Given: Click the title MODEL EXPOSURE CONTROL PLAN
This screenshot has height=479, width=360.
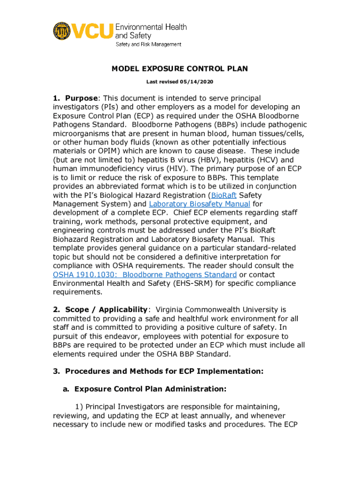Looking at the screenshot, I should tap(180, 69).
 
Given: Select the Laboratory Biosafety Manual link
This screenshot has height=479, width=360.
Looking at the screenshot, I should tap(199, 204).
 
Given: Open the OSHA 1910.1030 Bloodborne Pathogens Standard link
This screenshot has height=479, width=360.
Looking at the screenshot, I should tap(144, 275).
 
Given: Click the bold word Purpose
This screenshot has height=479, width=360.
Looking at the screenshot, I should tap(81, 98).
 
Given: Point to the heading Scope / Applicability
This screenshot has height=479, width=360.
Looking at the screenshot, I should tap(106, 310).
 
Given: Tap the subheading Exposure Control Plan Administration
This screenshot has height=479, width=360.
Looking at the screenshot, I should tap(150, 389).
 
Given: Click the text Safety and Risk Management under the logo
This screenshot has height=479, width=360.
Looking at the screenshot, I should tap(149, 44).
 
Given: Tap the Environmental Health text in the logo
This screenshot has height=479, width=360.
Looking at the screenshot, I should tap(151, 27).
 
